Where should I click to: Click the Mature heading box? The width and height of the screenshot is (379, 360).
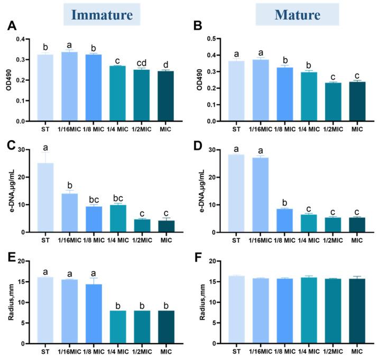(297, 14)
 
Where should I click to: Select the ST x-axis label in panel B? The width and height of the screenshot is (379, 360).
(238, 128)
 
